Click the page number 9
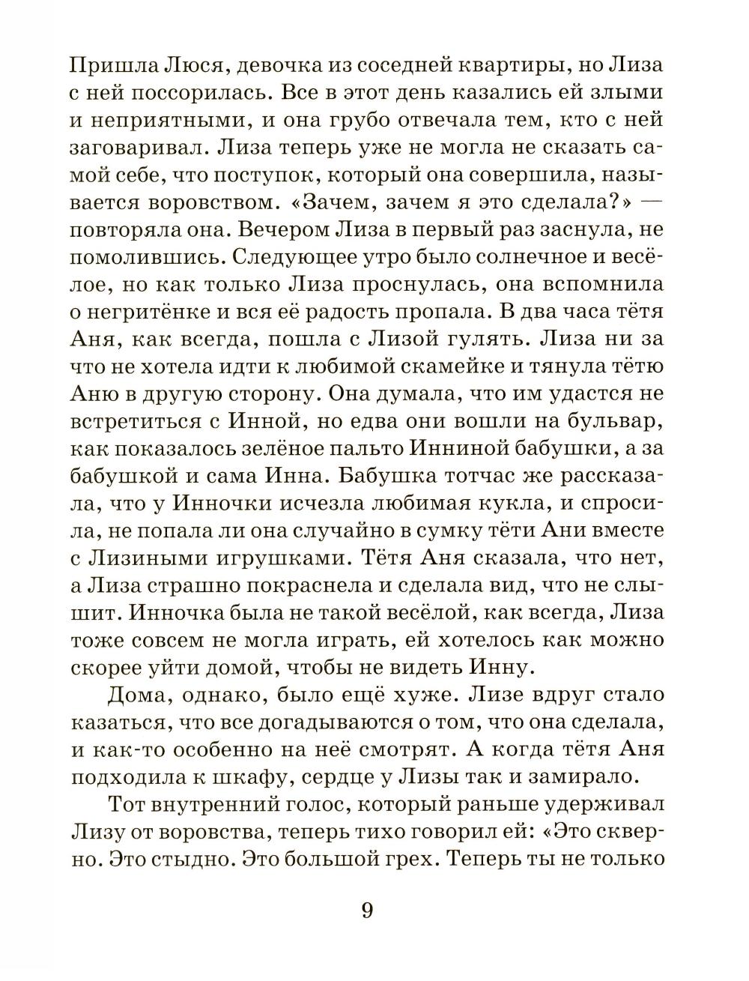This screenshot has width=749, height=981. click(x=366, y=911)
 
